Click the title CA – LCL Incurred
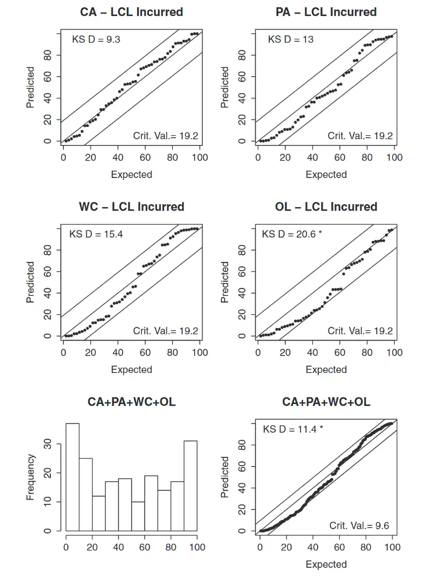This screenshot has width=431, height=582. (x=132, y=12)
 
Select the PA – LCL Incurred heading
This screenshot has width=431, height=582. (x=326, y=12)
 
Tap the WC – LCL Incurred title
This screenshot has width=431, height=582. (x=132, y=207)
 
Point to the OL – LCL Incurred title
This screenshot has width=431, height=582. (x=326, y=207)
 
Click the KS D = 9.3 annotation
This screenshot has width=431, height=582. (x=96, y=40)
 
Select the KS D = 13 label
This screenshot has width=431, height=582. (x=291, y=40)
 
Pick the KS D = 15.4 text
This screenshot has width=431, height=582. (x=96, y=235)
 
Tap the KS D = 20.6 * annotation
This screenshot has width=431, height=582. (x=292, y=235)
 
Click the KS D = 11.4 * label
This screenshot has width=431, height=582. (x=292, y=429)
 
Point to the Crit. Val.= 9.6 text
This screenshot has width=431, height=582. (x=359, y=526)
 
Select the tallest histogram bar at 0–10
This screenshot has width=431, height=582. (x=73, y=478)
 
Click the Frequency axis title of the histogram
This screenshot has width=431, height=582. (x=31, y=477)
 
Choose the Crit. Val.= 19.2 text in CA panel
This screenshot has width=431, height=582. (x=166, y=136)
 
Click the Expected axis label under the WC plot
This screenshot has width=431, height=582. (x=132, y=370)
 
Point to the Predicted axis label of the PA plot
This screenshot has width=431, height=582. (x=225, y=87)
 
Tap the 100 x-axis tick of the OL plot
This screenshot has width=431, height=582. (x=395, y=353)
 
